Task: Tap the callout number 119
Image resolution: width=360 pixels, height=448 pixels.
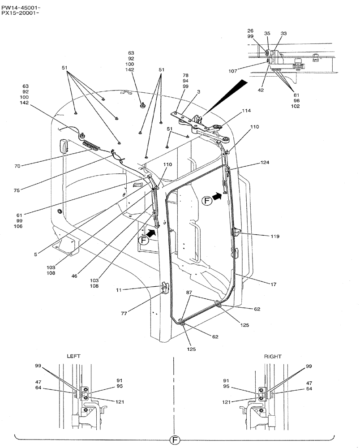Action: coord(274,236)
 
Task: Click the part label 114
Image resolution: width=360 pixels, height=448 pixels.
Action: coord(247,110)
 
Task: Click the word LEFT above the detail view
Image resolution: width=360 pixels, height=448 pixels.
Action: coord(74,356)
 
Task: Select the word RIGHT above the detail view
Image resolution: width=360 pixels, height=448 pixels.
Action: coord(272,357)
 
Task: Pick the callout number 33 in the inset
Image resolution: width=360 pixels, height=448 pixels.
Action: coord(283,33)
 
